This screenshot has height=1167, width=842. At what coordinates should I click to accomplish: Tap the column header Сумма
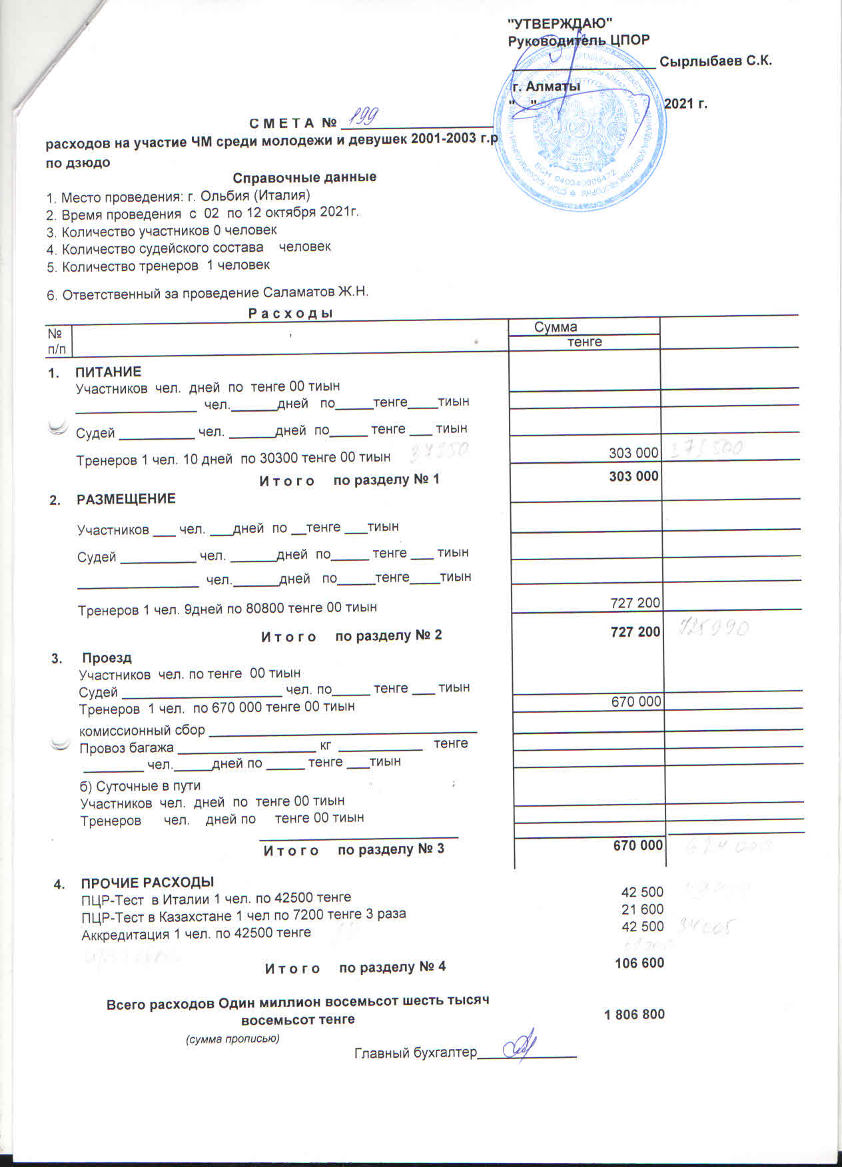click(556, 326)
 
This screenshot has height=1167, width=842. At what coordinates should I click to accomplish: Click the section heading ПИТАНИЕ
click(108, 372)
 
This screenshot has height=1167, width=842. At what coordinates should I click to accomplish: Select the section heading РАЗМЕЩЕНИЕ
click(126, 499)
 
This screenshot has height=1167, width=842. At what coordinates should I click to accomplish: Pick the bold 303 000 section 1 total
click(633, 476)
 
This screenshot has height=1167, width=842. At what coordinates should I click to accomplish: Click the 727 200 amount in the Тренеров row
click(635, 603)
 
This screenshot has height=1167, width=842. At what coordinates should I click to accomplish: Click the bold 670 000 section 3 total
click(637, 845)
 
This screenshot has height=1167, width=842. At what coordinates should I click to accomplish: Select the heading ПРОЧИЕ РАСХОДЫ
click(147, 883)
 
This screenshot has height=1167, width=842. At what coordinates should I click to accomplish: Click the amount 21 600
click(642, 910)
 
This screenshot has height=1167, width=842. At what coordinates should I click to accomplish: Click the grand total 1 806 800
click(633, 1014)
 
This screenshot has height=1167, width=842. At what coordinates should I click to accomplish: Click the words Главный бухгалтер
click(416, 1052)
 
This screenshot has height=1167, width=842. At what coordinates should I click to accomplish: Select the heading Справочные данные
click(304, 177)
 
